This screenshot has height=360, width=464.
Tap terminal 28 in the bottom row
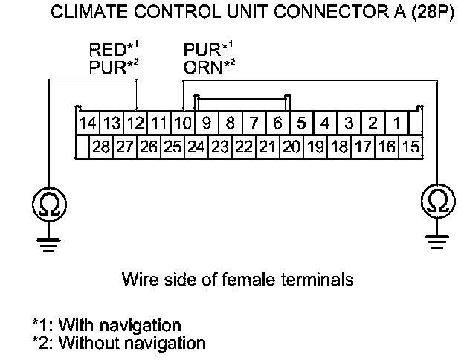click(x=101, y=147)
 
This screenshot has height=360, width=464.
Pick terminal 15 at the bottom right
click(x=410, y=147)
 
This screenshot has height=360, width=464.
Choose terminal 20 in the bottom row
click(x=291, y=147)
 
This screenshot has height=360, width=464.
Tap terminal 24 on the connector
click(x=196, y=147)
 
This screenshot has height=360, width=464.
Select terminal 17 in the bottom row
click(x=362, y=147)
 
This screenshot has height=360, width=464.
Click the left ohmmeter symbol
click(x=48, y=202)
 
